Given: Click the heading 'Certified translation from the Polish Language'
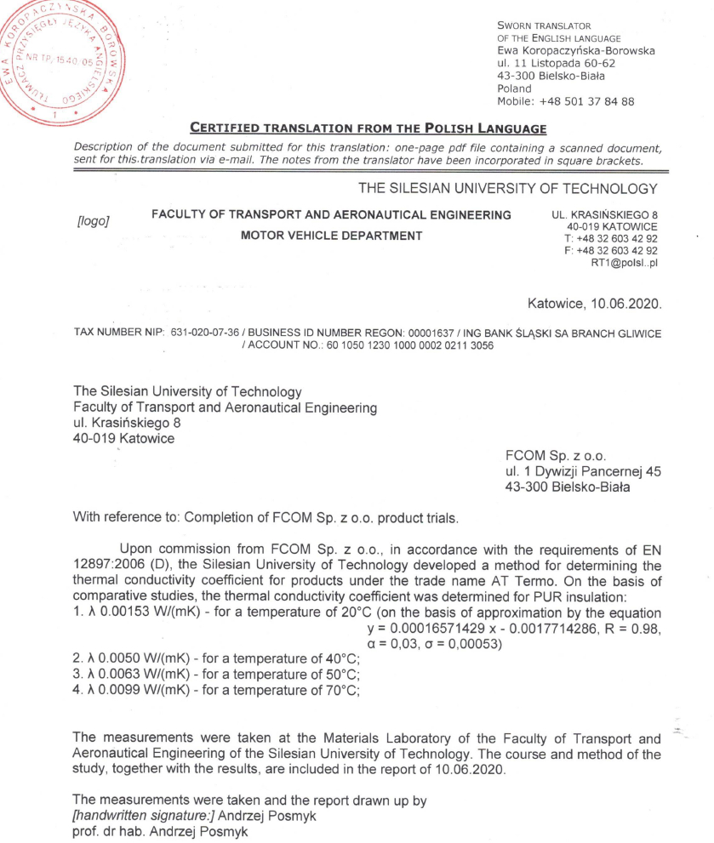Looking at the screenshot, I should pos(367,129).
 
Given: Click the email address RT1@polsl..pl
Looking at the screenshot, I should pos(624,264).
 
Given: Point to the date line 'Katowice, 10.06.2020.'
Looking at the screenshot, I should pos(593,302).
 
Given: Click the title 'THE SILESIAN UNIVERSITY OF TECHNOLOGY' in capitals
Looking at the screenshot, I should pos(508,188).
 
